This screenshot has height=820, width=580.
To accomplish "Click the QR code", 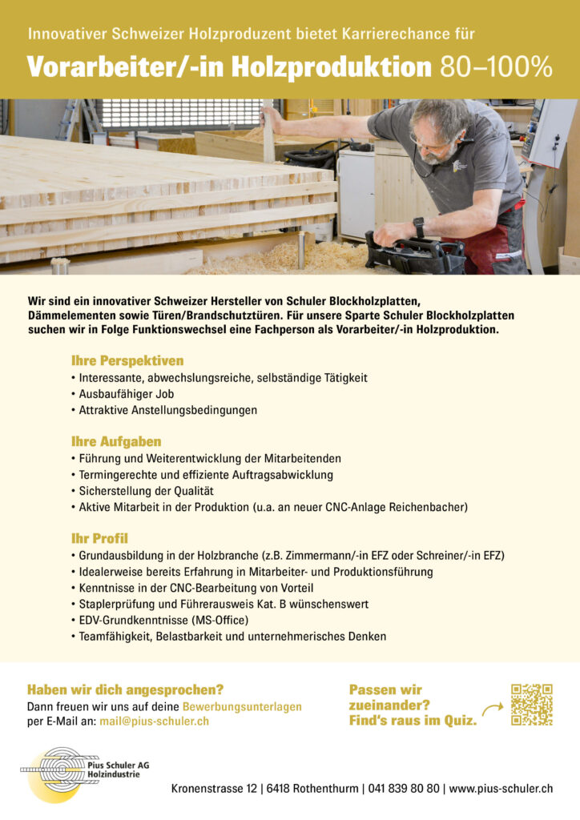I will pos(531,705).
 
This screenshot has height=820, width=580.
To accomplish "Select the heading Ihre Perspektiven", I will pos(127,360).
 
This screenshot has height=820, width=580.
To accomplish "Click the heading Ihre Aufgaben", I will pos(116,441).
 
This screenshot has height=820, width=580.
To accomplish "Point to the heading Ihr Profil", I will pos(99,538).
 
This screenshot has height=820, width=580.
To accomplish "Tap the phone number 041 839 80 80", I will pos(405,789).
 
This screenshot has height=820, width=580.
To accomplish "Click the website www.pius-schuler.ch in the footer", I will pos(501,789).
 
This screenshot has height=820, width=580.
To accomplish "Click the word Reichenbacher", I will pos(428,507).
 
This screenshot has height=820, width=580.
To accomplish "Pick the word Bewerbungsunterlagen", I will pos(242,707).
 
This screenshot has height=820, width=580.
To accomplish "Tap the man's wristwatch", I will pos(419,227).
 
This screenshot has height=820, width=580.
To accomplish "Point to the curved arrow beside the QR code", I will pos(492,708).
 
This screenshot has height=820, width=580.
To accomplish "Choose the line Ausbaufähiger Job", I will pos(126,393).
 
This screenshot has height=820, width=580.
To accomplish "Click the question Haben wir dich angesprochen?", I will pos(125,689).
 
